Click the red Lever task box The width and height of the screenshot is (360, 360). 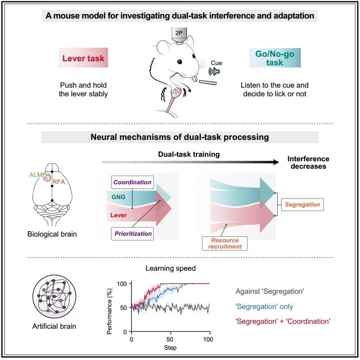[83, 58]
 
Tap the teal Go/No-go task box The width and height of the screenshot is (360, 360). [275, 58]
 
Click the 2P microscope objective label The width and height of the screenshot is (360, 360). [179, 33]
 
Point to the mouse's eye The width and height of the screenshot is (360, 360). [180, 61]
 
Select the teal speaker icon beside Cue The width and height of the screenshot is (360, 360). [215, 71]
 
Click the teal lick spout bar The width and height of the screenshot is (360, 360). [208, 83]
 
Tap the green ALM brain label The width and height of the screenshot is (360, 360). [36, 175]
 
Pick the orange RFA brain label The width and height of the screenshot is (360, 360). [59, 182]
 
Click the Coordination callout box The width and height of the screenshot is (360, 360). [132, 182]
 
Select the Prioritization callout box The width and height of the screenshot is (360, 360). [132, 234]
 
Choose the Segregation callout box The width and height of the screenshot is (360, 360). [302, 204]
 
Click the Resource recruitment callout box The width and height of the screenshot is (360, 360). [225, 244]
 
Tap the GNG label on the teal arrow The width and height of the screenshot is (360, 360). [118, 197]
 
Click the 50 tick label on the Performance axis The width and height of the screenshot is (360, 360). [124, 308]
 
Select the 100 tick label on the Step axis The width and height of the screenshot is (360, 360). [208, 339]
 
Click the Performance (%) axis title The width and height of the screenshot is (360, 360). [109, 311]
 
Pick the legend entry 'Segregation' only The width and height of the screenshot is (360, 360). [264, 307]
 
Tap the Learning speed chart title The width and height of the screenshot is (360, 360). [171, 268]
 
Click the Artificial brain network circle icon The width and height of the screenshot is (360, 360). [54, 297]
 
